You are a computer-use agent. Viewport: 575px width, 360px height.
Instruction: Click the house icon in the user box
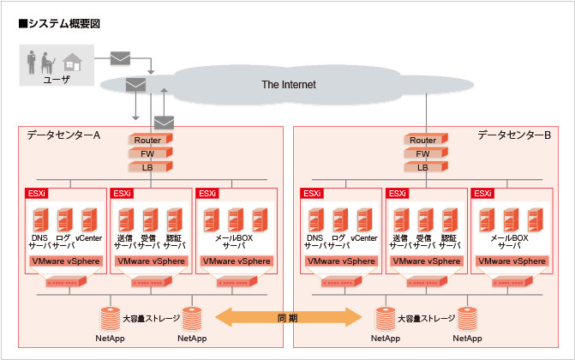click(73, 63)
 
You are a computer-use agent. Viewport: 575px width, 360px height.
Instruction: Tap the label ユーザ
click(57, 79)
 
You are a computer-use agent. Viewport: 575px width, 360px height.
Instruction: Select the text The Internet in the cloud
click(288, 85)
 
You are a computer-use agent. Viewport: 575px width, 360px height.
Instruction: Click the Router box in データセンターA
click(148, 141)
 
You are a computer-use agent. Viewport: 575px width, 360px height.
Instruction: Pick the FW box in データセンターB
click(422, 154)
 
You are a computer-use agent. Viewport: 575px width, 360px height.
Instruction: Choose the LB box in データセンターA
click(148, 167)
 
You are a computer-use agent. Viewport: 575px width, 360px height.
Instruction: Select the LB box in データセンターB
click(422, 167)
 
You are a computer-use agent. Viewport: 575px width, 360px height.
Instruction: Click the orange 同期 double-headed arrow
click(287, 318)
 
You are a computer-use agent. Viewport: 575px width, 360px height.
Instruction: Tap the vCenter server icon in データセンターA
click(88, 219)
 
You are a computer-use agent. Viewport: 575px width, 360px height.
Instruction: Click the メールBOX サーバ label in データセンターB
click(509, 241)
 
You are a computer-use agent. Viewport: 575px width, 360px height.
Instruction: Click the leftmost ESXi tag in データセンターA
click(36, 194)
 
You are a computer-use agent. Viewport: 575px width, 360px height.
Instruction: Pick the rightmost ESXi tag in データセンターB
click(483, 194)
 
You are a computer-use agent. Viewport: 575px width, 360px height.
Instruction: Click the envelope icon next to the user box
click(121, 58)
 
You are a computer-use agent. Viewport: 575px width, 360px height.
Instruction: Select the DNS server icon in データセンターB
click(314, 219)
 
